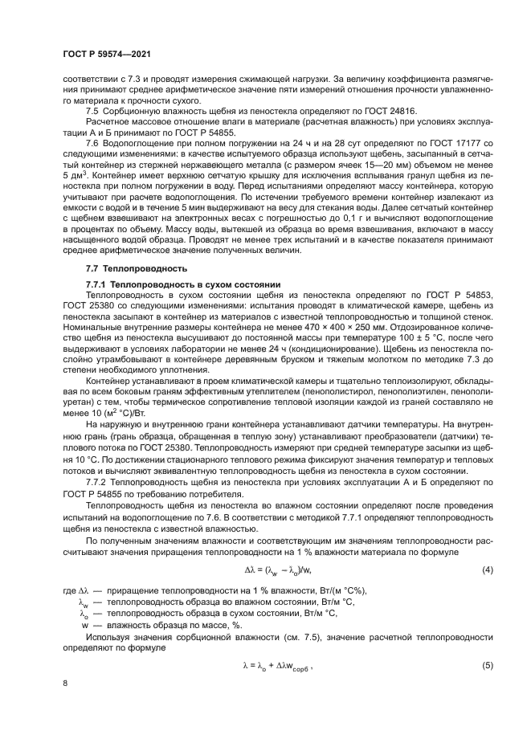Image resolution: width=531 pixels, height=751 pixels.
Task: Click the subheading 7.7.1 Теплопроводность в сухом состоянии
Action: point(182,285)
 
